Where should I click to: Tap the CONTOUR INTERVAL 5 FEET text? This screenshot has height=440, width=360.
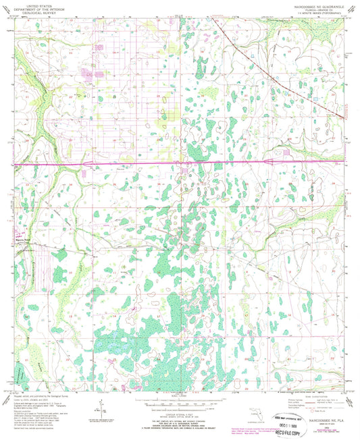180,406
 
